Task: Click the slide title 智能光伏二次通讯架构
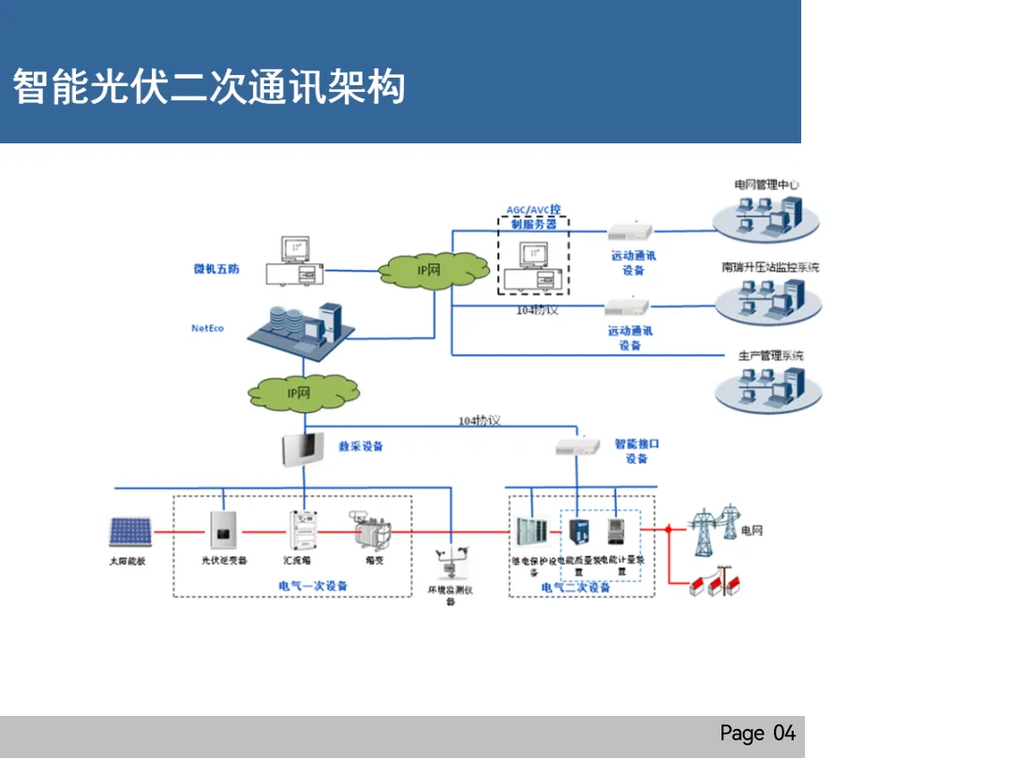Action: coord(209,87)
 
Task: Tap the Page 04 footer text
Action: coord(757,733)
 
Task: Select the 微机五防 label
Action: coord(216,269)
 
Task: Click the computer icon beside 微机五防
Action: coord(295,261)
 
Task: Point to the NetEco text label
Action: coord(207,328)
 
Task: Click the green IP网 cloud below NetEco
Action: coord(299,393)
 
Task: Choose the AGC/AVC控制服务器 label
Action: coord(533,216)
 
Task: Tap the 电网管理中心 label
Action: coord(766,185)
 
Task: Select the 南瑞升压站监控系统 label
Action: coord(770,267)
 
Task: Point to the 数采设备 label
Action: coord(361,446)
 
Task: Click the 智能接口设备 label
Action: coord(636,451)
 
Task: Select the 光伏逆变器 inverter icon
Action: coord(224,530)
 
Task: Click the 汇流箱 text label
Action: coord(297,560)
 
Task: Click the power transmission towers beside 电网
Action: coord(712,530)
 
